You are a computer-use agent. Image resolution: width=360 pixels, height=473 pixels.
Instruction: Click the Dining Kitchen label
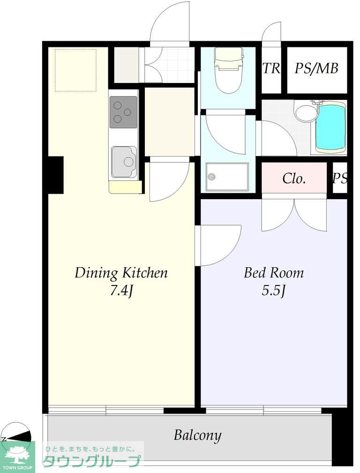[121, 273]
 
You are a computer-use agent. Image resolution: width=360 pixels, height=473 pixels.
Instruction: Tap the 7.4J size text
[121, 291]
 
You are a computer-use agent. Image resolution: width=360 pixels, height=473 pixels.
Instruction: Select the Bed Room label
[274, 273]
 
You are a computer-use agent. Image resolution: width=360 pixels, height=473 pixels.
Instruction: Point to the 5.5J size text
[274, 291]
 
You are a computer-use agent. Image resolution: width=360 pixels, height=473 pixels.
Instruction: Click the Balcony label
[197, 435]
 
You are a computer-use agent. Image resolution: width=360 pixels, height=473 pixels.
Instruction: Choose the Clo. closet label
[294, 179]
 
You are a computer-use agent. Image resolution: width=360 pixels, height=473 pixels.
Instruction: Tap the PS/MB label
[316, 68]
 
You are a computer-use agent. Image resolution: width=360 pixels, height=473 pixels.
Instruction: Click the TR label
[271, 68]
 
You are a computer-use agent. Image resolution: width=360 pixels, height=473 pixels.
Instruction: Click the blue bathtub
[330, 127]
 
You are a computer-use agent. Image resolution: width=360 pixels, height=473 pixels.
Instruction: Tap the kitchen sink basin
[124, 162]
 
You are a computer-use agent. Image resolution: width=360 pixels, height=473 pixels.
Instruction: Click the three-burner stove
[123, 112]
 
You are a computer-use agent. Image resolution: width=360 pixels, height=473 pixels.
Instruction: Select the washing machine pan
[227, 177]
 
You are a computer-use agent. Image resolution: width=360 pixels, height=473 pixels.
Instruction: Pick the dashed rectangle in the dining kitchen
[76, 70]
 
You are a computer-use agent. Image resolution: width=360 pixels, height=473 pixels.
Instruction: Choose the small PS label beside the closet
[340, 178]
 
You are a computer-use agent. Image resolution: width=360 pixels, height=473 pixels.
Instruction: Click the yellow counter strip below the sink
[125, 187]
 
